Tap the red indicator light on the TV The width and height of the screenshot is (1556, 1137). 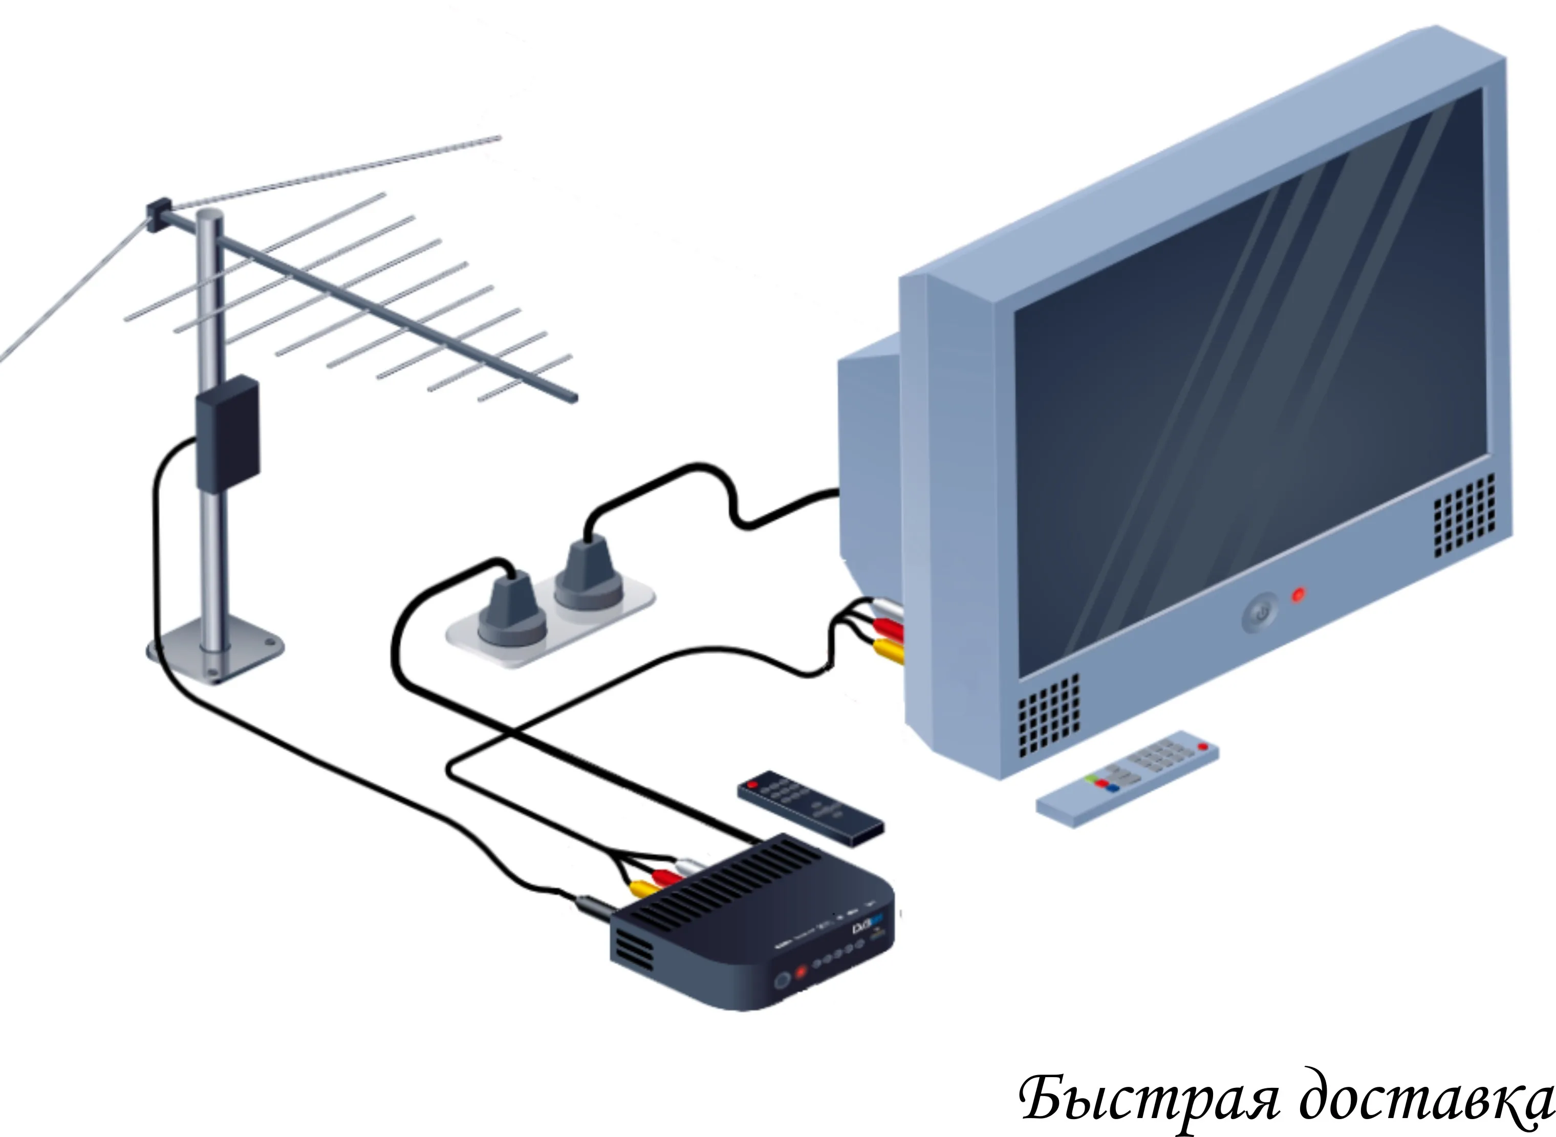coord(1298,595)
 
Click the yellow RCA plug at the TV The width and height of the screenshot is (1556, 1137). coord(889,648)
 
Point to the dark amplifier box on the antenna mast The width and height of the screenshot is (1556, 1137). coord(228,433)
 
